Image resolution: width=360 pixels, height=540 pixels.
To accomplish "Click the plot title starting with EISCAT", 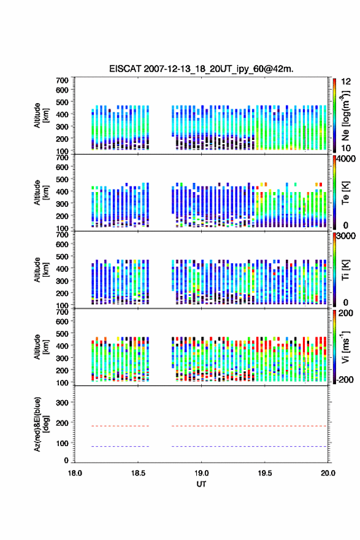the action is [201, 69].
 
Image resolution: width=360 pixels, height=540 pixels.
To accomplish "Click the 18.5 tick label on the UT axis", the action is [138, 473].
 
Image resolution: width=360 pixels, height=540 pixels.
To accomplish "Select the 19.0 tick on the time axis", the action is [201, 473].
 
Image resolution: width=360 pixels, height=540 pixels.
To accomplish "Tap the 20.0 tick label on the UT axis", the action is [328, 473].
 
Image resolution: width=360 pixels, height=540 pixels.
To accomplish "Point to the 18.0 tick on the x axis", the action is [75, 473].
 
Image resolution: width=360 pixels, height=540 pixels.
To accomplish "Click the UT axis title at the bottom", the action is [201, 484].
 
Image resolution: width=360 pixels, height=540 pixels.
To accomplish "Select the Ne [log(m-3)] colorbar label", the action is [345, 115].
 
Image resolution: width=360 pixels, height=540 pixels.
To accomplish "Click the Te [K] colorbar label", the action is [345, 193].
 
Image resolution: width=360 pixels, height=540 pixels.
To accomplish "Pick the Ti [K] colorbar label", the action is [345, 269].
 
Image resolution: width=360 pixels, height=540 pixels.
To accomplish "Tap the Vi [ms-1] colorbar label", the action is [345, 347].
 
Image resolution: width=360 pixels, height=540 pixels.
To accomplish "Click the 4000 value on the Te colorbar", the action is [346, 159].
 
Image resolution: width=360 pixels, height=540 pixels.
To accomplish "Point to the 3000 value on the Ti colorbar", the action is [346, 236].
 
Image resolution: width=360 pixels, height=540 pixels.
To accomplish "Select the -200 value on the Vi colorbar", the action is [345, 380].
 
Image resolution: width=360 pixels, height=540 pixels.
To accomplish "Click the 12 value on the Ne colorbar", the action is [346, 82].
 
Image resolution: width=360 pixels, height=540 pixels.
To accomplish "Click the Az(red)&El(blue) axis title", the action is [41, 424].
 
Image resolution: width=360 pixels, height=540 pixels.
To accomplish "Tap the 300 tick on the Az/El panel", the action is [62, 403].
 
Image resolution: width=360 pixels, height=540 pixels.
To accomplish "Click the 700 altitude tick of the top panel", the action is [62, 80].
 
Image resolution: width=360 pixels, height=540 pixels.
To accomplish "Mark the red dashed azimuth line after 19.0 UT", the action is [249, 426].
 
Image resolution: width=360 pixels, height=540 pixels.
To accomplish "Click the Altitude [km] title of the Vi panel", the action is [41, 347].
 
